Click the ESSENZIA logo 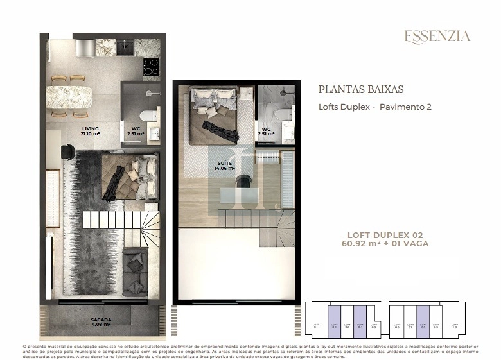pyautogui.click(x=437, y=36)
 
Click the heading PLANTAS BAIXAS pyautogui.click(x=361, y=90)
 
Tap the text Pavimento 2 pyautogui.click(x=405, y=107)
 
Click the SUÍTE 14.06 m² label pyautogui.click(x=225, y=166)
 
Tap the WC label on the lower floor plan pyautogui.click(x=135, y=132)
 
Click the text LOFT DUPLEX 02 pyautogui.click(x=385, y=234)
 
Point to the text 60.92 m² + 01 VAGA pyautogui.click(x=385, y=244)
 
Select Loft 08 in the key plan pyautogui.click(x=423, y=325)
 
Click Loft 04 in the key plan pyautogui.click(x=360, y=325)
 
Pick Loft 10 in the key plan pyautogui.click(x=454, y=327)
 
